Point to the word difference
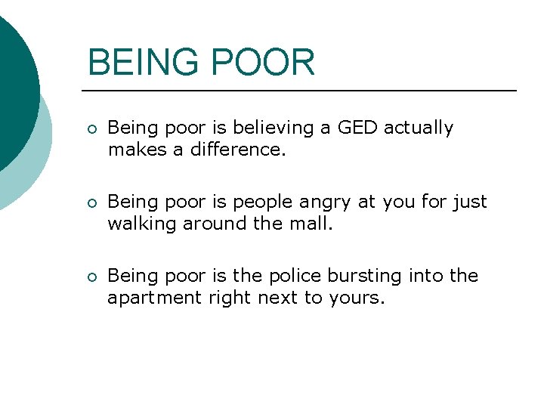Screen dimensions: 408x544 [239, 150]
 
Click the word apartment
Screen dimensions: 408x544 [151, 298]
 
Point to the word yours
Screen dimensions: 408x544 [357, 298]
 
